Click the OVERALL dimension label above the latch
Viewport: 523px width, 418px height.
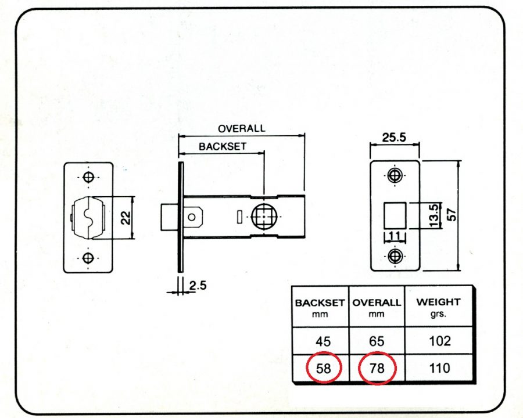click(x=242, y=129)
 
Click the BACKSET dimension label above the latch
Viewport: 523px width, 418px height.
click(x=223, y=146)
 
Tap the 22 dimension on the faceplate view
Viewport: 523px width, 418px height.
click(x=126, y=218)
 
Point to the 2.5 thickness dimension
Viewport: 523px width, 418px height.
click(x=198, y=286)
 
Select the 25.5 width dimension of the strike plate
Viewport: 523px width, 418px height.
click(x=394, y=137)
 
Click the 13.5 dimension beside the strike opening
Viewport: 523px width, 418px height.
click(x=434, y=215)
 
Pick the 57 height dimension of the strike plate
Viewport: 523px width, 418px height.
click(x=451, y=215)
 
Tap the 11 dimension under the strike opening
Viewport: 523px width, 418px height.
click(x=395, y=236)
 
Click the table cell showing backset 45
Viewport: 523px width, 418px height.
click(x=323, y=341)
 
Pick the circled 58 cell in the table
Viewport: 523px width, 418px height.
click(x=323, y=368)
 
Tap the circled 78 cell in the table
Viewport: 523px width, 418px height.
click(x=377, y=368)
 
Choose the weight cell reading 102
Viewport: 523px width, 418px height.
click(x=440, y=341)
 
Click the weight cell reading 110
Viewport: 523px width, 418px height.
click(x=440, y=368)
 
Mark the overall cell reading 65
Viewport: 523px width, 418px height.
click(x=377, y=341)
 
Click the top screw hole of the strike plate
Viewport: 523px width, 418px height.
click(x=395, y=175)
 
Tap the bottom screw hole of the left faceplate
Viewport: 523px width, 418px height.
click(x=88, y=258)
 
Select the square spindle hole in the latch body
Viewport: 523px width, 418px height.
click(x=264, y=217)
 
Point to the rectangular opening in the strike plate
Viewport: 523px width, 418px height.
click(x=395, y=215)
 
